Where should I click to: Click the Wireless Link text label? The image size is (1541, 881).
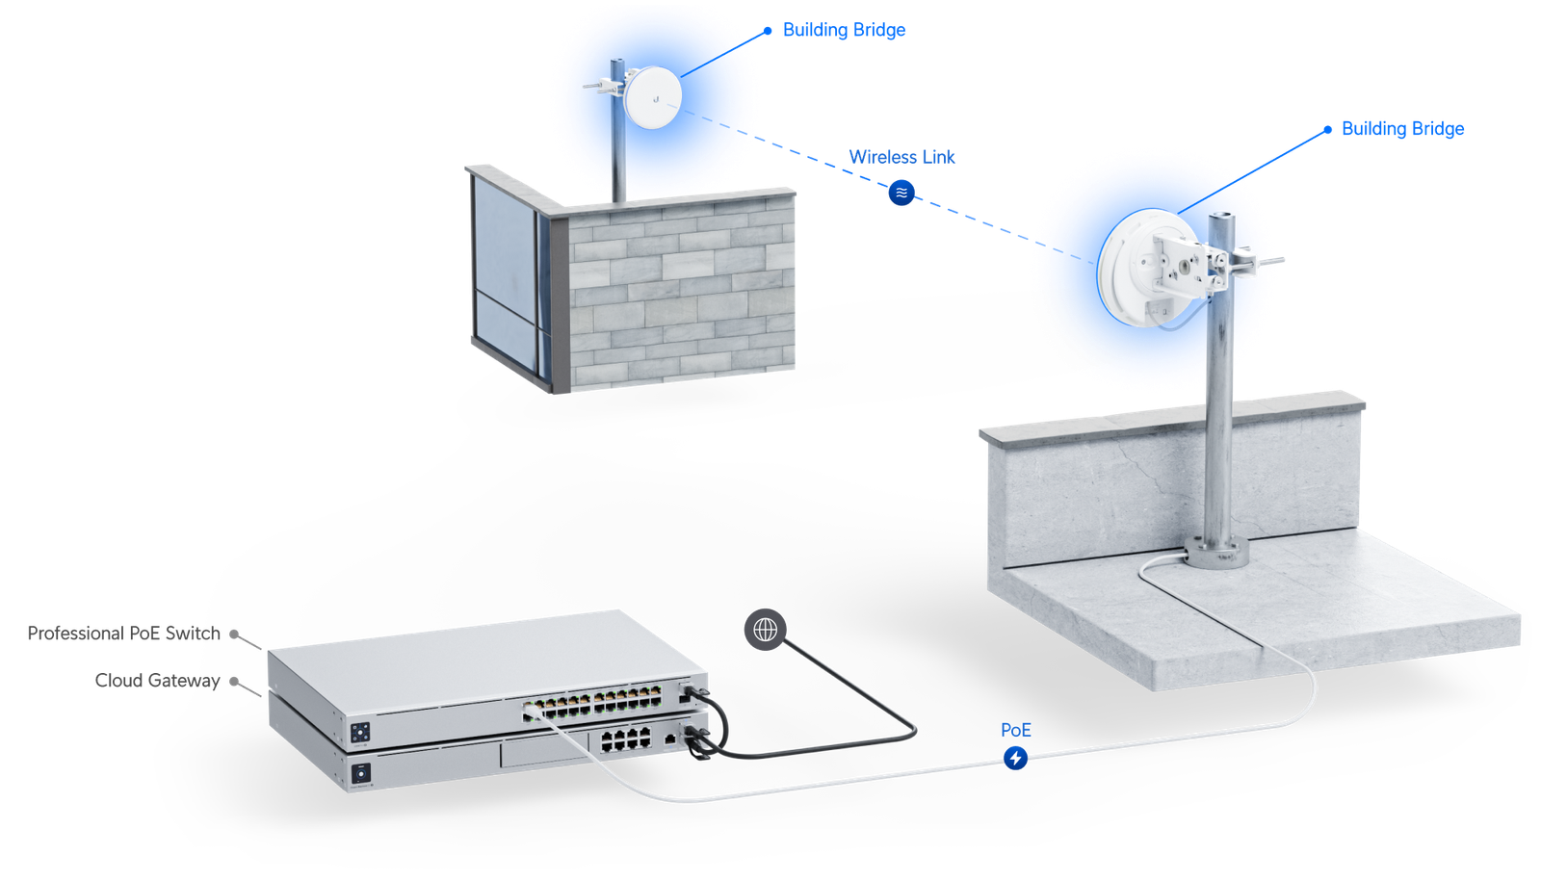point(901,158)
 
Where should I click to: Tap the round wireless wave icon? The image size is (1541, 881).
point(901,193)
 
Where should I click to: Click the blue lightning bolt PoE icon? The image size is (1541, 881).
point(1015,758)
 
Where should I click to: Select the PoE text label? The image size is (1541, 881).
point(1015,730)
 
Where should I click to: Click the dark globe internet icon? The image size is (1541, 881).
point(765,630)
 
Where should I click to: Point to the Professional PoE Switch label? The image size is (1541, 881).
point(124,634)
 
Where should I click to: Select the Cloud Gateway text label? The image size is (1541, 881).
point(158,681)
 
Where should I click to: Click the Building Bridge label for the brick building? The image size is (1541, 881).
point(844,30)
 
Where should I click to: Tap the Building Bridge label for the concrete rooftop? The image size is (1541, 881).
point(1402,129)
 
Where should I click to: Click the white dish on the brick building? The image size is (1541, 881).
point(653,97)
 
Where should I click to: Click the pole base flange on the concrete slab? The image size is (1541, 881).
point(1216,553)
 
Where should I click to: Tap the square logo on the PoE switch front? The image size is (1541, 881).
point(360,733)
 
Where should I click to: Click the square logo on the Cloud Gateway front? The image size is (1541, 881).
point(361,774)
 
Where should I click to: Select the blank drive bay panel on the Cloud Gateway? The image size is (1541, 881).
point(543,750)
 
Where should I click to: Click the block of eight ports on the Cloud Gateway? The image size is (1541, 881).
point(625,739)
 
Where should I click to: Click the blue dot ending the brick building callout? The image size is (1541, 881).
point(768,31)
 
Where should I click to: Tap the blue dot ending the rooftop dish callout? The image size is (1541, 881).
point(1328,130)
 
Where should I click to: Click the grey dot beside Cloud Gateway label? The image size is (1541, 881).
point(234,682)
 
